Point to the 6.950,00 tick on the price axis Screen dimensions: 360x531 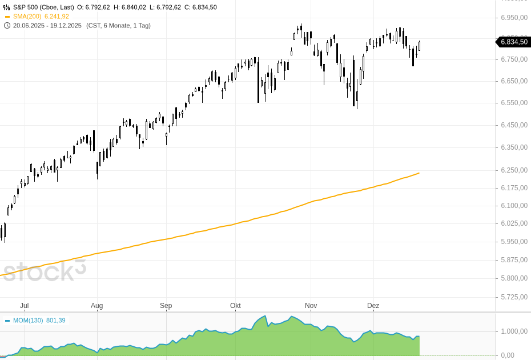(x=514, y=18)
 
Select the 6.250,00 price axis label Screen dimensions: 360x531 (x=514, y=170)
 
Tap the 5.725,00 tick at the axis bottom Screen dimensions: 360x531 (x=514, y=297)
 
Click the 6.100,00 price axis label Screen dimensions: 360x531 (x=514, y=206)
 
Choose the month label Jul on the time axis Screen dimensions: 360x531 (x=25, y=306)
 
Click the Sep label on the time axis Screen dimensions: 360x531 (x=166, y=306)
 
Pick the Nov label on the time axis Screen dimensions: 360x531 (x=311, y=306)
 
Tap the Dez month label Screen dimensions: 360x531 (x=373, y=306)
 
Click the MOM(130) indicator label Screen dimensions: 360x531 (x=28, y=321)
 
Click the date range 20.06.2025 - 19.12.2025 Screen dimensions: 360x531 (x=47, y=26)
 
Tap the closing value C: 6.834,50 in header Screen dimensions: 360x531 (x=200, y=7)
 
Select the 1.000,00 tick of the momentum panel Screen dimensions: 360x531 (x=514, y=331)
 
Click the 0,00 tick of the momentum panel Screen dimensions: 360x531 (x=508, y=355)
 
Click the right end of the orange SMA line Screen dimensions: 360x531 (x=419, y=173)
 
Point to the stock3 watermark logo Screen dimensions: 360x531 (x=43, y=272)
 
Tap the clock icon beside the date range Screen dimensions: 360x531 (x=7, y=26)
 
